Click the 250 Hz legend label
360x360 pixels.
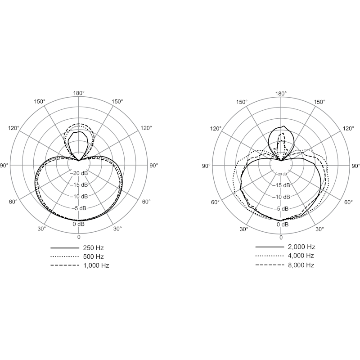tap(94, 248)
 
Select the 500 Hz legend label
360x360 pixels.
tap(94, 256)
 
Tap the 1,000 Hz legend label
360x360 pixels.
tap(96, 265)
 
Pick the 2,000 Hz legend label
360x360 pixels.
tap(301, 247)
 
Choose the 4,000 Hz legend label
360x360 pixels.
tap(301, 256)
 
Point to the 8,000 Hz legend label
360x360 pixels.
tap(301, 265)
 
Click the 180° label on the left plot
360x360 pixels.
tap(79, 93)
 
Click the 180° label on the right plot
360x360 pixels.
tap(281, 94)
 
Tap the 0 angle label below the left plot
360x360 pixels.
tap(79, 237)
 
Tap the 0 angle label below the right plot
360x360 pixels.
tap(281, 238)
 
